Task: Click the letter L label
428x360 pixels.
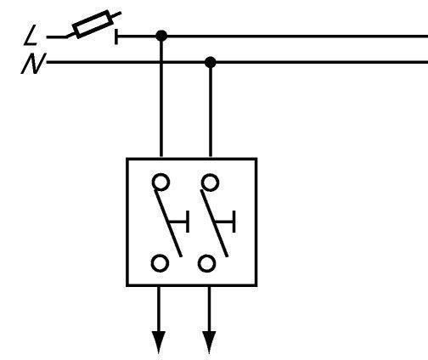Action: [31, 35]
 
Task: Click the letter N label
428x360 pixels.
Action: [33, 64]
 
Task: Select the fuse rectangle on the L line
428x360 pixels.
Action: [93, 24]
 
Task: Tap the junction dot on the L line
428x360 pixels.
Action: [161, 37]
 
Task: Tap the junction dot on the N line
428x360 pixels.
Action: [210, 62]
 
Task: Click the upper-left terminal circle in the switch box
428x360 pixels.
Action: [161, 182]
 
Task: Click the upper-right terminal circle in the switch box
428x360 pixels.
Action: [210, 183]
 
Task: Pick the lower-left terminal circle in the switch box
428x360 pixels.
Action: [160, 263]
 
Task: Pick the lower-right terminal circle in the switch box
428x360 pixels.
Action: [206, 263]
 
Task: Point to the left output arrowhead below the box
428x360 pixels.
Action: [159, 342]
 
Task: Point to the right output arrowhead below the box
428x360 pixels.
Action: [209, 342]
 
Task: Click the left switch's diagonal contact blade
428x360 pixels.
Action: [168, 223]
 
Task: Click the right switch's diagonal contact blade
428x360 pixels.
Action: [214, 223]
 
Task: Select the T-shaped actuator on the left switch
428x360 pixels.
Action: [179, 222]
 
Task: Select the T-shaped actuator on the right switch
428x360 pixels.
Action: [226, 222]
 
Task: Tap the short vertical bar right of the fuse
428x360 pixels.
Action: [116, 37]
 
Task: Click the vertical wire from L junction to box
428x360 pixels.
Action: [161, 96]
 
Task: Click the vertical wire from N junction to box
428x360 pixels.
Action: [210, 110]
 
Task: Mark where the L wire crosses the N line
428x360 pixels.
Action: [161, 62]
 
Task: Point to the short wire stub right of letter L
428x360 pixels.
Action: [57, 37]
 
